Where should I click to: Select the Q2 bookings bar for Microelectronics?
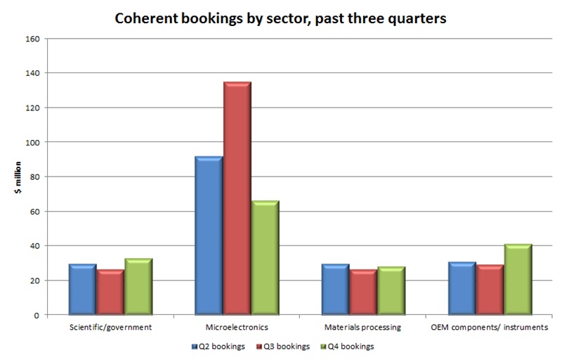pyautogui.click(x=209, y=236)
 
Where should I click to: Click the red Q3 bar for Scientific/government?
pyautogui.click(x=110, y=292)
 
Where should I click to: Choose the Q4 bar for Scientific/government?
pyautogui.click(x=138, y=287)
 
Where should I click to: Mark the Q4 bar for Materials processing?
pyautogui.click(x=391, y=291)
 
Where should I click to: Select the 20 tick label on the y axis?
pyautogui.click(x=33, y=281)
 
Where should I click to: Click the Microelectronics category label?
pyautogui.click(x=237, y=328)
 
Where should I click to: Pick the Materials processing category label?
pyautogui.click(x=363, y=328)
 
